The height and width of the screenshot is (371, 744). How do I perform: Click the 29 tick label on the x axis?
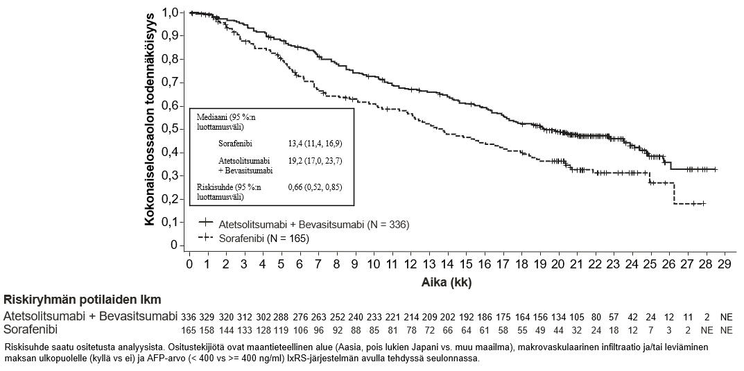pos(723,265)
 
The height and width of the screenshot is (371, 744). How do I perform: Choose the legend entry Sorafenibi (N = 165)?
pos(263,238)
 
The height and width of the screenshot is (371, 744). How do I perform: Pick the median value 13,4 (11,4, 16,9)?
pos(315,143)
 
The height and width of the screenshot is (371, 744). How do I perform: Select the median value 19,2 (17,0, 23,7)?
pos(315,160)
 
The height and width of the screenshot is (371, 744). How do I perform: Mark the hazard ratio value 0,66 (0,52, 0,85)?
pos(315,187)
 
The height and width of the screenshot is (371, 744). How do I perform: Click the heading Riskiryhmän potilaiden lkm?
pos(83,300)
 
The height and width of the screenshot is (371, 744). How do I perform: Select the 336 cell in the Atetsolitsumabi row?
pos(189,316)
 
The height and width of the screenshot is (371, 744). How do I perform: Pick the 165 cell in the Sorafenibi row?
pos(189,329)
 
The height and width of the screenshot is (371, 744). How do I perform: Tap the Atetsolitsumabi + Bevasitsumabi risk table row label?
pos(89,316)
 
